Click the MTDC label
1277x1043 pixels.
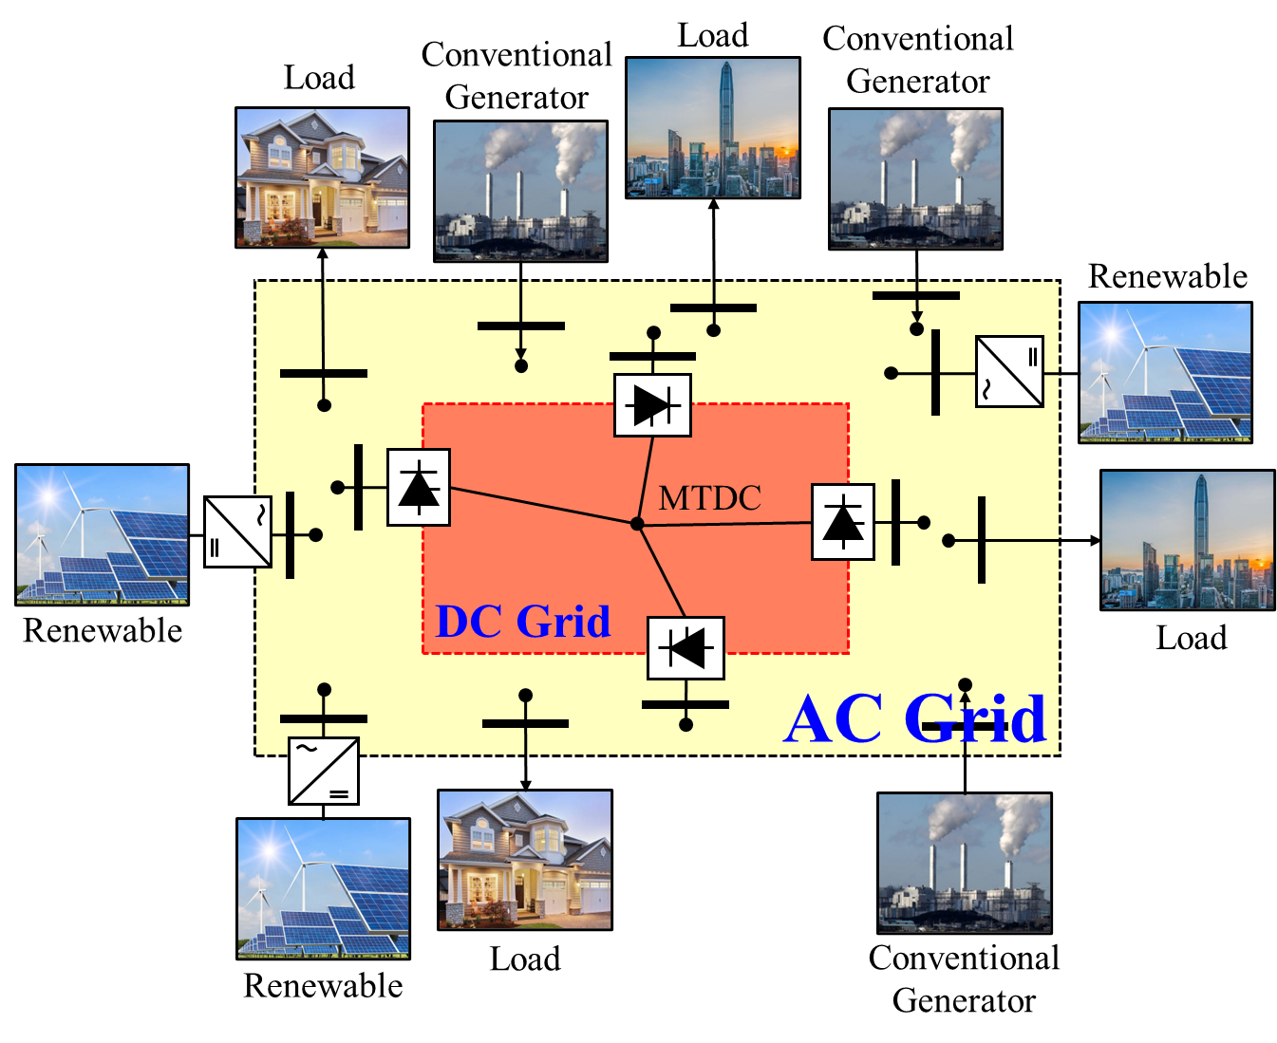[x=709, y=498]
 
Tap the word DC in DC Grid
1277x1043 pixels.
[x=468, y=623]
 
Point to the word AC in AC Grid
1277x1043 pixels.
[x=834, y=719]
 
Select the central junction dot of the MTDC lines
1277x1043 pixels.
[x=637, y=524]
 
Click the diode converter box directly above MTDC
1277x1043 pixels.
[x=652, y=405]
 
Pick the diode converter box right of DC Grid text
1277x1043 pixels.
[x=685, y=648]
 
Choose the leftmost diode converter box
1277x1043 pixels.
[x=419, y=488]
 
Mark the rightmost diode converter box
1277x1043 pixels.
[x=843, y=522]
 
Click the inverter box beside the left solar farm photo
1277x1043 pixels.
[x=238, y=532]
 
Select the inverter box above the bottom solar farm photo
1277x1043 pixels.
[x=324, y=770]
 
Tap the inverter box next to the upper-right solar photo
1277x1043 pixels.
[x=1009, y=371]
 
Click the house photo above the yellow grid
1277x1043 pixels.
[x=322, y=177]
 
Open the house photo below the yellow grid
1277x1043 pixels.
[x=525, y=860]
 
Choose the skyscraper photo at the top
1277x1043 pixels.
[x=713, y=128]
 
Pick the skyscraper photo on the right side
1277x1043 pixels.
[x=1188, y=540]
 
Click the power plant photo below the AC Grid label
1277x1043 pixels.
[x=965, y=863]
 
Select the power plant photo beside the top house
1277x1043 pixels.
[x=520, y=191]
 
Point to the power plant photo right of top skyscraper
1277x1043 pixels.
[x=915, y=178]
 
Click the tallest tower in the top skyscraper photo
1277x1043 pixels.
[x=726, y=114]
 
